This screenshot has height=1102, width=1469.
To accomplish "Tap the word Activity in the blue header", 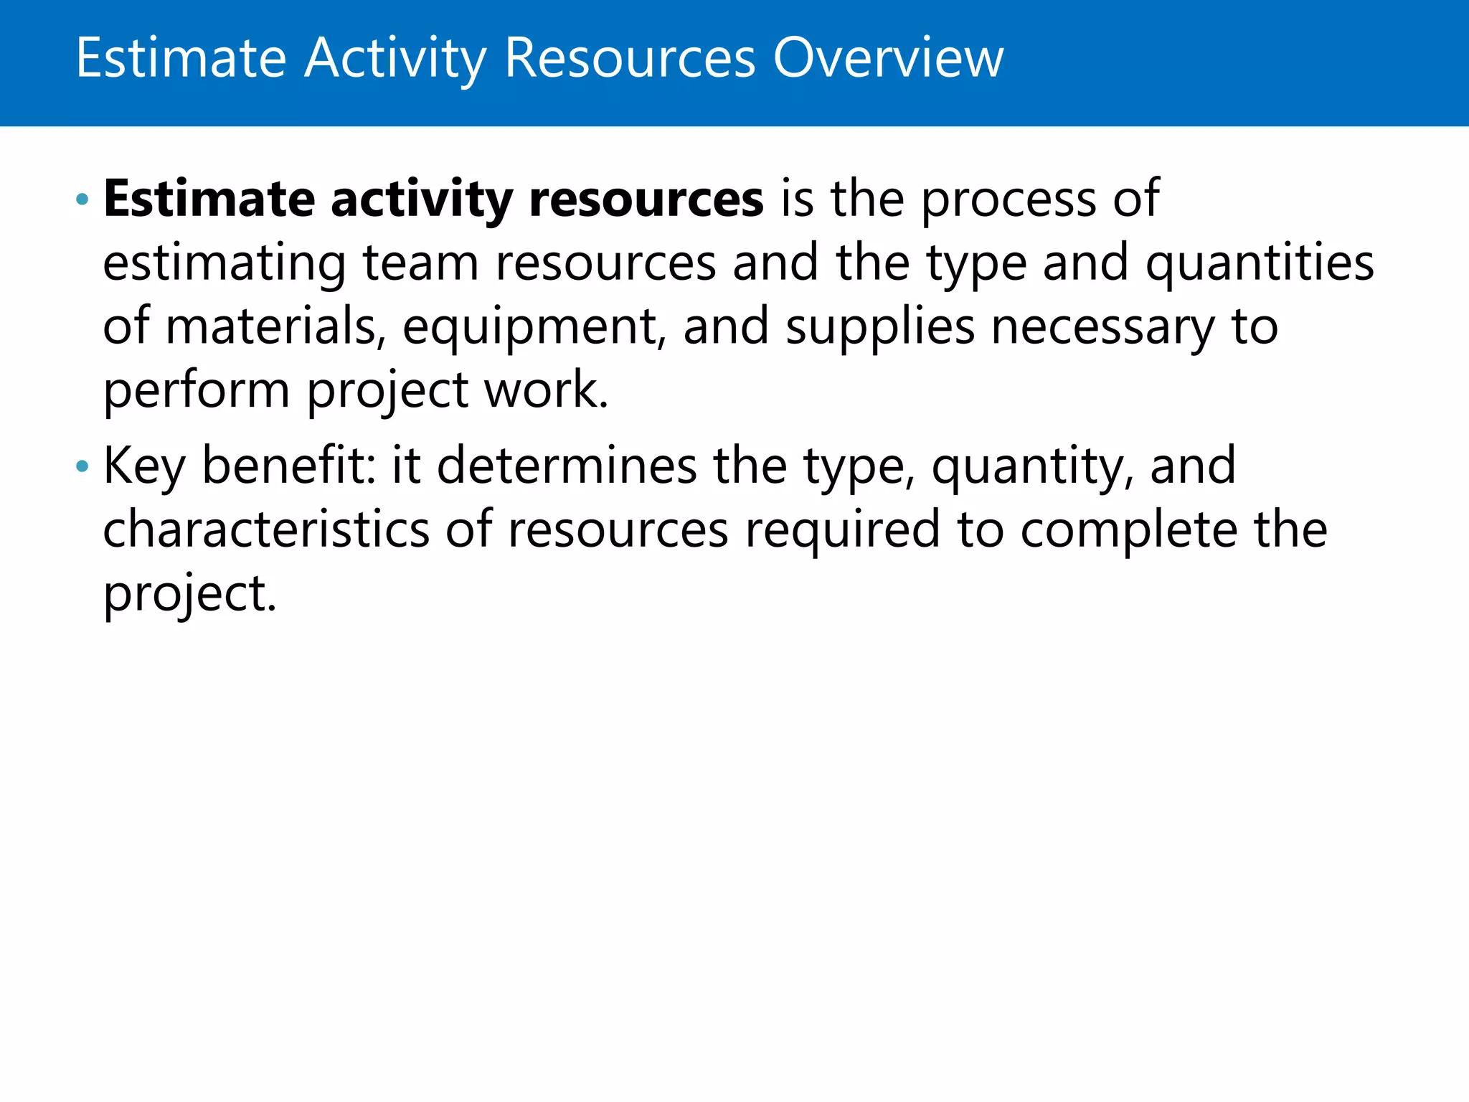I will pos(395,59).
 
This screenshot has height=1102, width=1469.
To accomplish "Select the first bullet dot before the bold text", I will pos(82,199).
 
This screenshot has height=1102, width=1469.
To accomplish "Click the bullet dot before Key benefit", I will pos(82,467).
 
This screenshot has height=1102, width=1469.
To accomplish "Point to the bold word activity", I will pos(421,199).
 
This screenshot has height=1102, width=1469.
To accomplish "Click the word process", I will pos(1009,201).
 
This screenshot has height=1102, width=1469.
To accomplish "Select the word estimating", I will pos(225,264).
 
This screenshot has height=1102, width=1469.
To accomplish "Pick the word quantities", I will pos(1260,264).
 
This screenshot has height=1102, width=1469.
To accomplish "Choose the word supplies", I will pos(880,328).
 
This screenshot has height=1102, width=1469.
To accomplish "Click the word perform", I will pos(197,391).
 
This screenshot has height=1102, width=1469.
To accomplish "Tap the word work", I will pos(547,390).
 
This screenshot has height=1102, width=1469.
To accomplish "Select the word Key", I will pos(145,467).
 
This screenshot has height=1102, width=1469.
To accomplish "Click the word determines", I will pos(567,466).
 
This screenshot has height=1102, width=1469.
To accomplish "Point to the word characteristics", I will pos(266,529).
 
